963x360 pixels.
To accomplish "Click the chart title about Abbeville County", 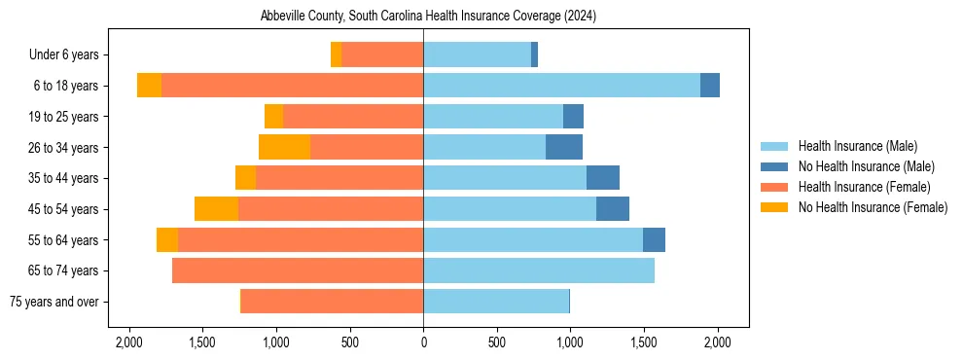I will [x=428, y=17].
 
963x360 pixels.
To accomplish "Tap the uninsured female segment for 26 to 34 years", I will [x=284, y=147].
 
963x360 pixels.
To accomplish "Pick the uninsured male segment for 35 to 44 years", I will [x=603, y=178].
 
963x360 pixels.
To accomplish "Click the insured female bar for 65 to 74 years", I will [x=298, y=270].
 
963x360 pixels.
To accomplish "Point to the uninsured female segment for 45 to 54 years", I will [x=216, y=209].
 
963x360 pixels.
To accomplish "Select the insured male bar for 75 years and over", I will [x=496, y=302].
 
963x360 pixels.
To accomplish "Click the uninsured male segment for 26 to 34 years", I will [x=564, y=147].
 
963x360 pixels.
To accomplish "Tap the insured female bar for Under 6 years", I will [x=382, y=54].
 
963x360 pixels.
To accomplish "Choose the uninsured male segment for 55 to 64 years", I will [x=654, y=239].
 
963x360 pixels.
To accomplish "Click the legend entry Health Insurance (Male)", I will [x=857, y=146].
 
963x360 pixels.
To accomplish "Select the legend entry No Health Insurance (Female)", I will [x=873, y=207].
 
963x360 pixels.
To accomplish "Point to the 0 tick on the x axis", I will [x=423, y=342].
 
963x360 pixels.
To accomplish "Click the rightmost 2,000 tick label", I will [x=717, y=342].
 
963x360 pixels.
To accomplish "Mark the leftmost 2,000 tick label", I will [x=129, y=342].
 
